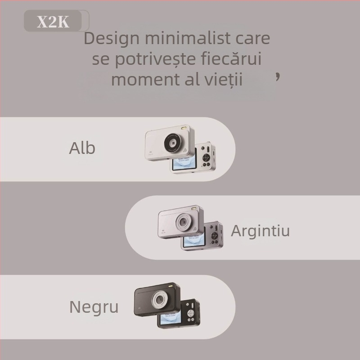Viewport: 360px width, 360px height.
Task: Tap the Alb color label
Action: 82,148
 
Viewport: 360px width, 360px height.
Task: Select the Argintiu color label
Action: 260,230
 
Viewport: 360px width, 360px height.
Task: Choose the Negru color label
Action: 94,307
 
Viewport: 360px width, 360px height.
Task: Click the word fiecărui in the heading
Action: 235,59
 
